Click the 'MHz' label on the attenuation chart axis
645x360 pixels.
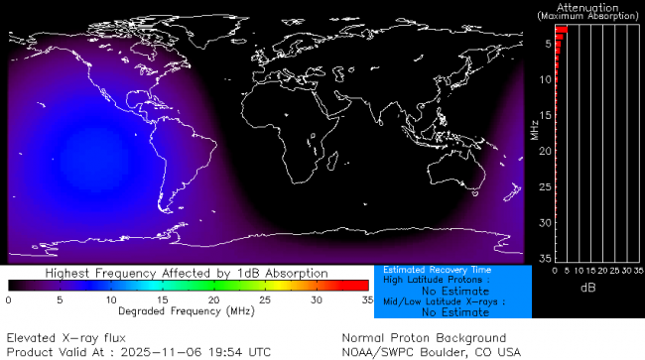tap(533, 129)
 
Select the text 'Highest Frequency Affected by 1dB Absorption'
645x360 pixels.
tap(188, 273)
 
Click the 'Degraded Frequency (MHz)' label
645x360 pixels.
tap(188, 311)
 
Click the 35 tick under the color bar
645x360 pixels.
tap(366, 299)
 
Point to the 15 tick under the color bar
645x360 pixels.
tap(162, 299)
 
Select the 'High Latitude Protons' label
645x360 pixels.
tap(433, 281)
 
